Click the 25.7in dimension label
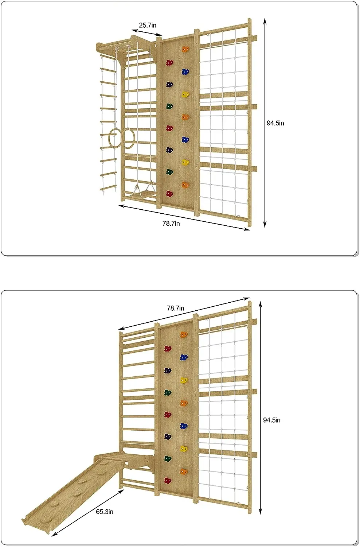click(147, 25)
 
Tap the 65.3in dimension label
click(105, 512)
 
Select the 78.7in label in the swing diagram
click(171, 223)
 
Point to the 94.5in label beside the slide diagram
click(272, 420)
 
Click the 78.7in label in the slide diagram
click(176, 308)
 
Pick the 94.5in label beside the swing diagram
click(275, 123)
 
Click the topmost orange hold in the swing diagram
click(185, 49)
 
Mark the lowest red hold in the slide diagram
click(168, 481)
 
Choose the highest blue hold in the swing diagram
click(185, 71)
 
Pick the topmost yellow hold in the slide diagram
click(184, 380)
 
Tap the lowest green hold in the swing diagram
click(169, 172)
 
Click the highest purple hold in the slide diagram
click(168, 371)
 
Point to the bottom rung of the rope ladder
click(109, 188)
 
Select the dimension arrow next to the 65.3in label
click(88, 513)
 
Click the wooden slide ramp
click(73, 489)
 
